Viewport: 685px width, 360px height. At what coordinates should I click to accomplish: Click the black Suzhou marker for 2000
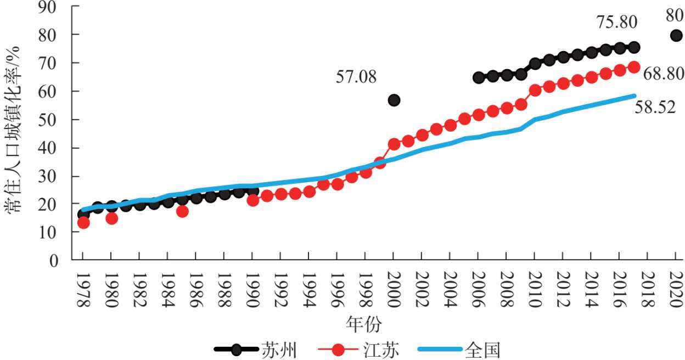coord(394,100)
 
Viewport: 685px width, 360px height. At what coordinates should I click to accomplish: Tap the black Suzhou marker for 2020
coord(676,36)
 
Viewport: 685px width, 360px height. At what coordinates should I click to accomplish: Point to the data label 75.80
coord(617,22)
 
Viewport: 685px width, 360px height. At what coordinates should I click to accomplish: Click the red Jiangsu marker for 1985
coord(182,211)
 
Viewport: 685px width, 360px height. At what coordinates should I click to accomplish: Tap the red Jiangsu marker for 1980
coord(111,218)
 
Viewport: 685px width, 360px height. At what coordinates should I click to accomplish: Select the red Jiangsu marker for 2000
coord(394,144)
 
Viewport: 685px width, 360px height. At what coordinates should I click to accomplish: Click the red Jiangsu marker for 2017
coord(634,67)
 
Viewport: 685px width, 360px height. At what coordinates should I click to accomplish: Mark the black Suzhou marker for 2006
coord(479,77)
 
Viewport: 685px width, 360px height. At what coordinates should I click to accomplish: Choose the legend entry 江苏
coord(378,349)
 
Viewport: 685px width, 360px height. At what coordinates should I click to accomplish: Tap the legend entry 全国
coord(482,349)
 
